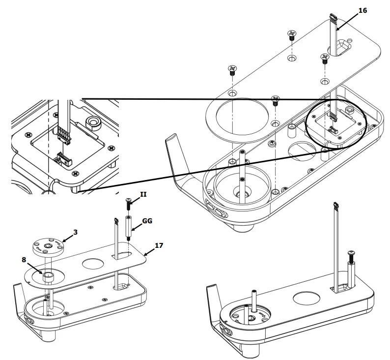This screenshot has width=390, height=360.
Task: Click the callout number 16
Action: [x=376, y=10]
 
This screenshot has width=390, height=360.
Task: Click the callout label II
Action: [x=143, y=195]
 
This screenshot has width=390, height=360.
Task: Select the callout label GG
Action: [x=146, y=221]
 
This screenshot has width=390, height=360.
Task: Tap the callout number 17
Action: [x=159, y=244]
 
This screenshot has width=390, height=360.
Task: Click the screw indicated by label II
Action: [x=128, y=202]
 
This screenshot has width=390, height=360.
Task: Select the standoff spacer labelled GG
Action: [x=128, y=227]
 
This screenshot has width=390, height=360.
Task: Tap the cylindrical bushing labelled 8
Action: [x=49, y=277]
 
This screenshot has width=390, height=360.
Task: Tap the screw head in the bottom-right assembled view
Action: [x=352, y=254]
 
